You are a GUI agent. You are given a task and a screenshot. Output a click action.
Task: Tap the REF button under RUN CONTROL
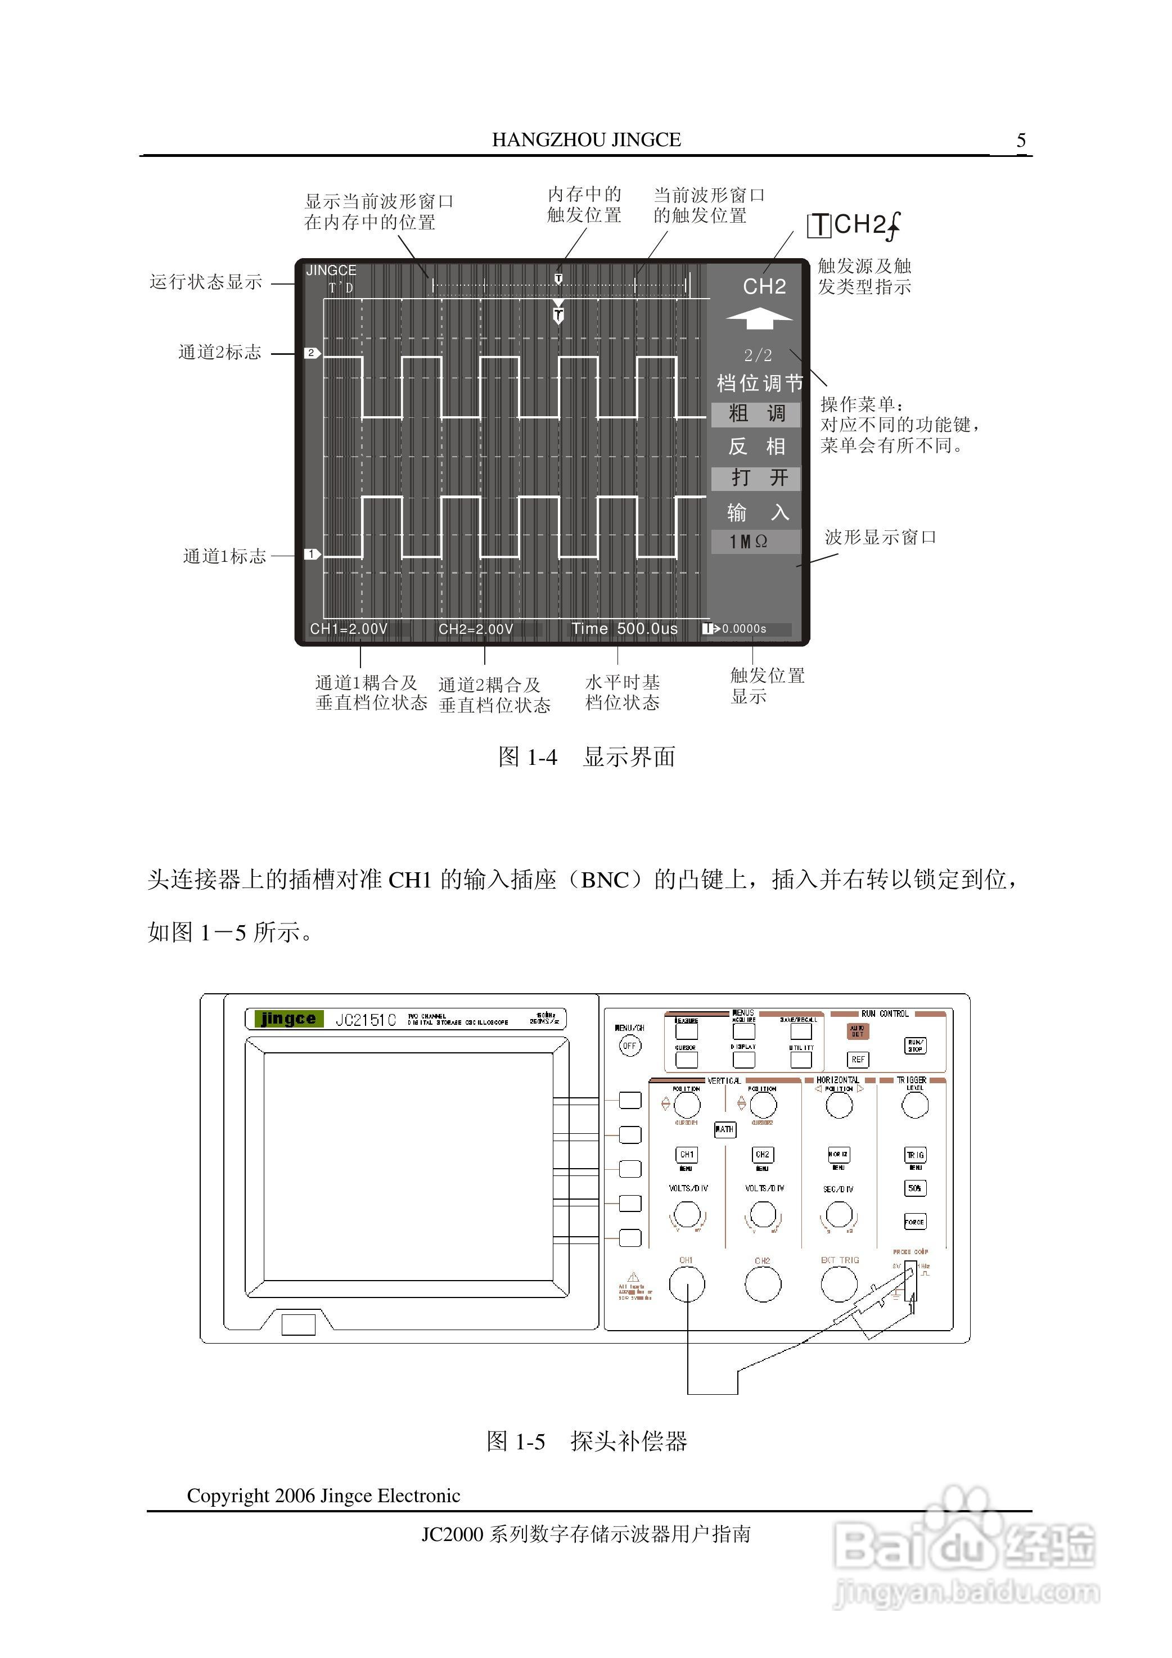point(858,1060)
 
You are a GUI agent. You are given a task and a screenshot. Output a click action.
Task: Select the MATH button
point(724,1129)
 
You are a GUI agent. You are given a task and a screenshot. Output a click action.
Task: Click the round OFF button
point(630,1046)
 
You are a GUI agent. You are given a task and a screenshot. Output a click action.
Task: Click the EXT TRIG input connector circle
point(839,1285)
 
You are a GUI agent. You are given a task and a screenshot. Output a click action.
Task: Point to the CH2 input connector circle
point(763,1285)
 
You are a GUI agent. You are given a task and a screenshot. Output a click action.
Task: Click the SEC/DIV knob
point(839,1215)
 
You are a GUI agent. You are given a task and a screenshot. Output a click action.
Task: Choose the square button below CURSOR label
point(686,1060)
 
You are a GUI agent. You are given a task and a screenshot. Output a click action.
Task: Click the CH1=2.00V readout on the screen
point(349,629)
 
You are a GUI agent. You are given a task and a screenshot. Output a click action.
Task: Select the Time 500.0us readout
point(625,629)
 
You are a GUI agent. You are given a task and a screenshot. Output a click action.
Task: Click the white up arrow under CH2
point(759,318)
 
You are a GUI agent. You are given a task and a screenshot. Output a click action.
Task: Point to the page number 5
point(1021,140)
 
